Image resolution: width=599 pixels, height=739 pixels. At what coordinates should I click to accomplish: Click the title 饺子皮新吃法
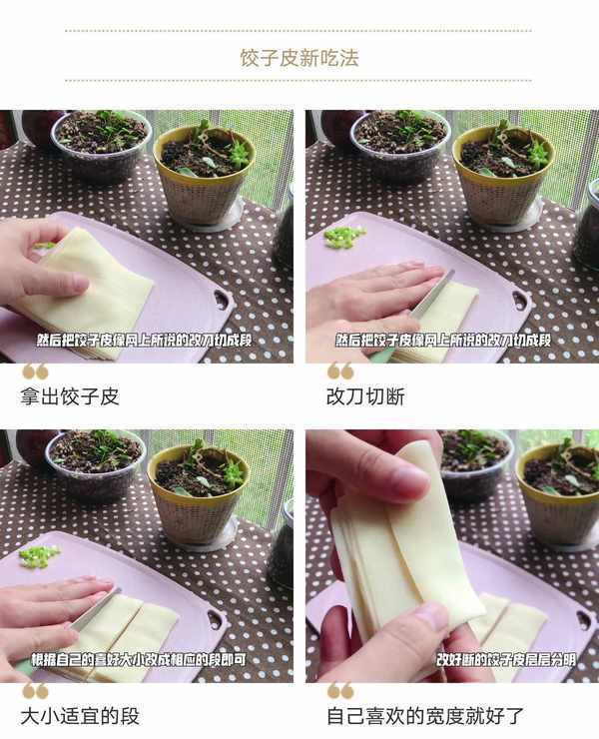coord(299,58)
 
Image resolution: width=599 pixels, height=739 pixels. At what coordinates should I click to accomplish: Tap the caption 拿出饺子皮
coord(69,396)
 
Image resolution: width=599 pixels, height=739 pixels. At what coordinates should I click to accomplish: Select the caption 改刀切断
coord(365,396)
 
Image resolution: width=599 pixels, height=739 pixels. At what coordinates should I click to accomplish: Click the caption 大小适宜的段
coord(80,716)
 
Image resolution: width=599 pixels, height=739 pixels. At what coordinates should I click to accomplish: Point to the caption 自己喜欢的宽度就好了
coord(425,716)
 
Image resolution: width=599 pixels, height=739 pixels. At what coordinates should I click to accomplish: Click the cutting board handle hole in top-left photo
coord(223,299)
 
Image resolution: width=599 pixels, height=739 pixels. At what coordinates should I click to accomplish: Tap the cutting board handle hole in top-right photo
coord(521,299)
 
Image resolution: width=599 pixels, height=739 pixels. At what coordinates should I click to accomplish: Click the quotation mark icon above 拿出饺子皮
coord(35,371)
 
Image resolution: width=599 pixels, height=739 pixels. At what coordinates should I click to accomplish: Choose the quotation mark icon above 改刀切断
coord(340,371)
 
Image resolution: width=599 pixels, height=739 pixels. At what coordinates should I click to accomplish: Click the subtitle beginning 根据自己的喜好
coord(139,660)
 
